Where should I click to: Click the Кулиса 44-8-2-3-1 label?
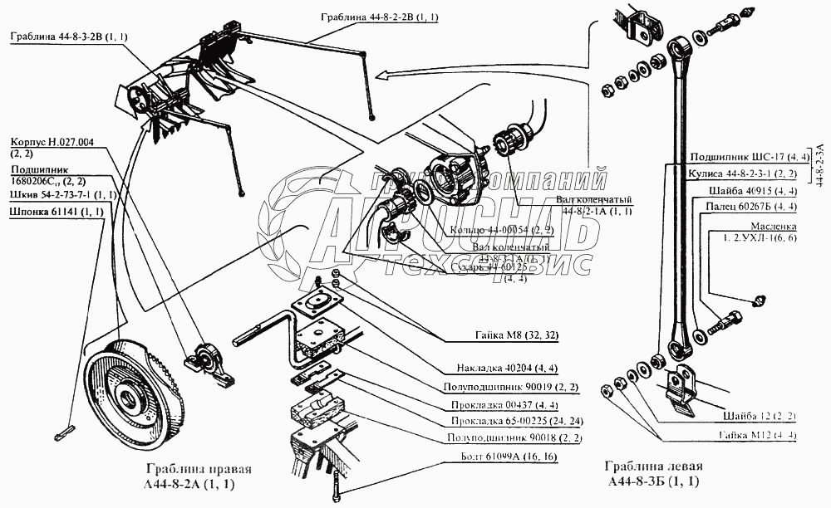(x=742, y=173)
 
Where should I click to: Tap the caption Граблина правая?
(x=199, y=469)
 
